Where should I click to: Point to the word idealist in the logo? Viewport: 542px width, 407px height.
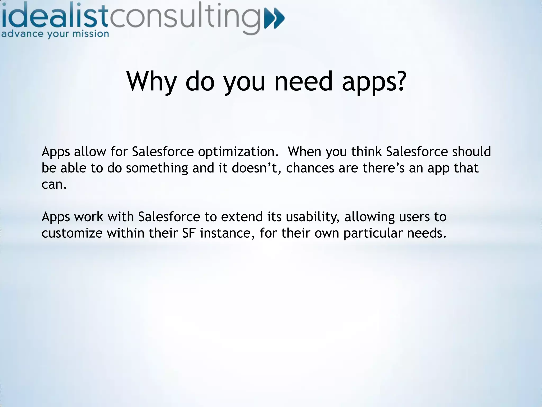tap(54, 17)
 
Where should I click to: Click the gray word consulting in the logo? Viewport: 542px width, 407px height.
tap(185, 19)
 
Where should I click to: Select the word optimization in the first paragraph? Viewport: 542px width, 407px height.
tap(238, 152)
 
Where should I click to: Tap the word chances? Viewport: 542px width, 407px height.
tap(310, 168)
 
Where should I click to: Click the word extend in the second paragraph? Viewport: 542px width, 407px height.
tap(242, 217)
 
